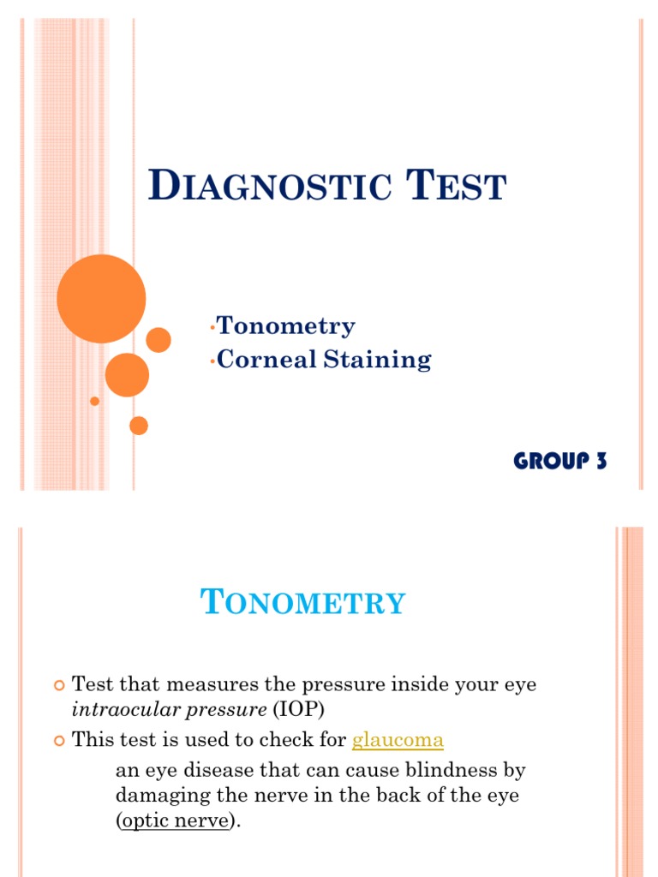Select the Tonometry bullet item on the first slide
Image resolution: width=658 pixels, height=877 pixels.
285,326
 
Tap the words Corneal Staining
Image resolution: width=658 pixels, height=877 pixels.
324,359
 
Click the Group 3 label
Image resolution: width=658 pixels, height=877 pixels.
560,461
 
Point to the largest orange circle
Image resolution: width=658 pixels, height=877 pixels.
101,299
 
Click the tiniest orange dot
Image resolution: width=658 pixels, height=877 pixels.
94,401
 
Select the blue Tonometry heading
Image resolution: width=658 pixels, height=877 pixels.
302,603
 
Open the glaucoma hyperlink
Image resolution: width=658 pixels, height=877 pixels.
398,740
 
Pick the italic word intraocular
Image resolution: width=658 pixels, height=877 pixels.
118,710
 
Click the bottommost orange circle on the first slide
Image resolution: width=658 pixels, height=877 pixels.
138,426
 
